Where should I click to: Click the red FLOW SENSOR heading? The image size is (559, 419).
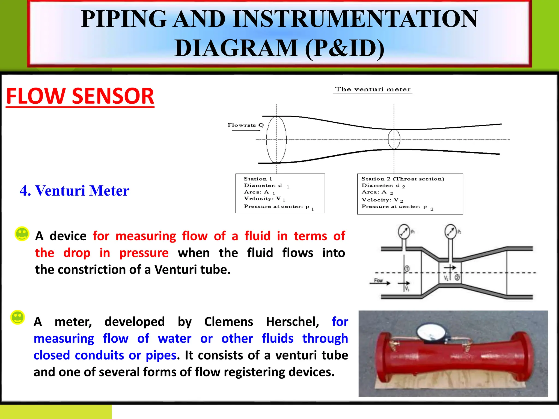click(80, 96)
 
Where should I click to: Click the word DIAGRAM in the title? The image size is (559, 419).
click(236, 48)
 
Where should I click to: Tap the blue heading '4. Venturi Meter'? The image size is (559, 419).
click(74, 190)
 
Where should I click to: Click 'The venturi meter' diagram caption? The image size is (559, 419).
click(373, 89)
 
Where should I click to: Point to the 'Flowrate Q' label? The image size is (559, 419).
click(245, 125)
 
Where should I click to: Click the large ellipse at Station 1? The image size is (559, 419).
click(276, 139)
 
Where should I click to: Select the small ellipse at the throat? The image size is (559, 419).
click(394, 139)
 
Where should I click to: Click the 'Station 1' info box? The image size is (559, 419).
click(280, 193)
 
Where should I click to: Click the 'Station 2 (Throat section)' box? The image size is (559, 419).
click(410, 194)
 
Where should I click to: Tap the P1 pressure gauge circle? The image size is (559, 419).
click(404, 232)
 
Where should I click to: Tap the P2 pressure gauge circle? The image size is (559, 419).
click(450, 231)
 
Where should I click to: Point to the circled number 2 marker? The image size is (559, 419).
click(457, 278)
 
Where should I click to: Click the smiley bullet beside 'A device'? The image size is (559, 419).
click(22, 234)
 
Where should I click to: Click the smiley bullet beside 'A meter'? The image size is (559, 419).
click(18, 318)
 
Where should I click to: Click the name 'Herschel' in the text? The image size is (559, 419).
click(292, 322)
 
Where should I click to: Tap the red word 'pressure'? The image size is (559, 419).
click(144, 253)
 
